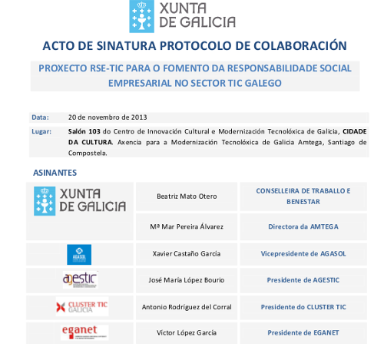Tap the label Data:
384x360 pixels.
pos(39,117)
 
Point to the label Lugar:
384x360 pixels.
pos(41,132)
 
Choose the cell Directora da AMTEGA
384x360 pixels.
pos(303,226)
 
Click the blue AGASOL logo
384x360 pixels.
pos(80,253)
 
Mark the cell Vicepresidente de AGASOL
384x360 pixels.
pos(303,253)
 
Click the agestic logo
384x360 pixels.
pos(80,279)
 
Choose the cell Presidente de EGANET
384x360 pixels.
pos(303,333)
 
